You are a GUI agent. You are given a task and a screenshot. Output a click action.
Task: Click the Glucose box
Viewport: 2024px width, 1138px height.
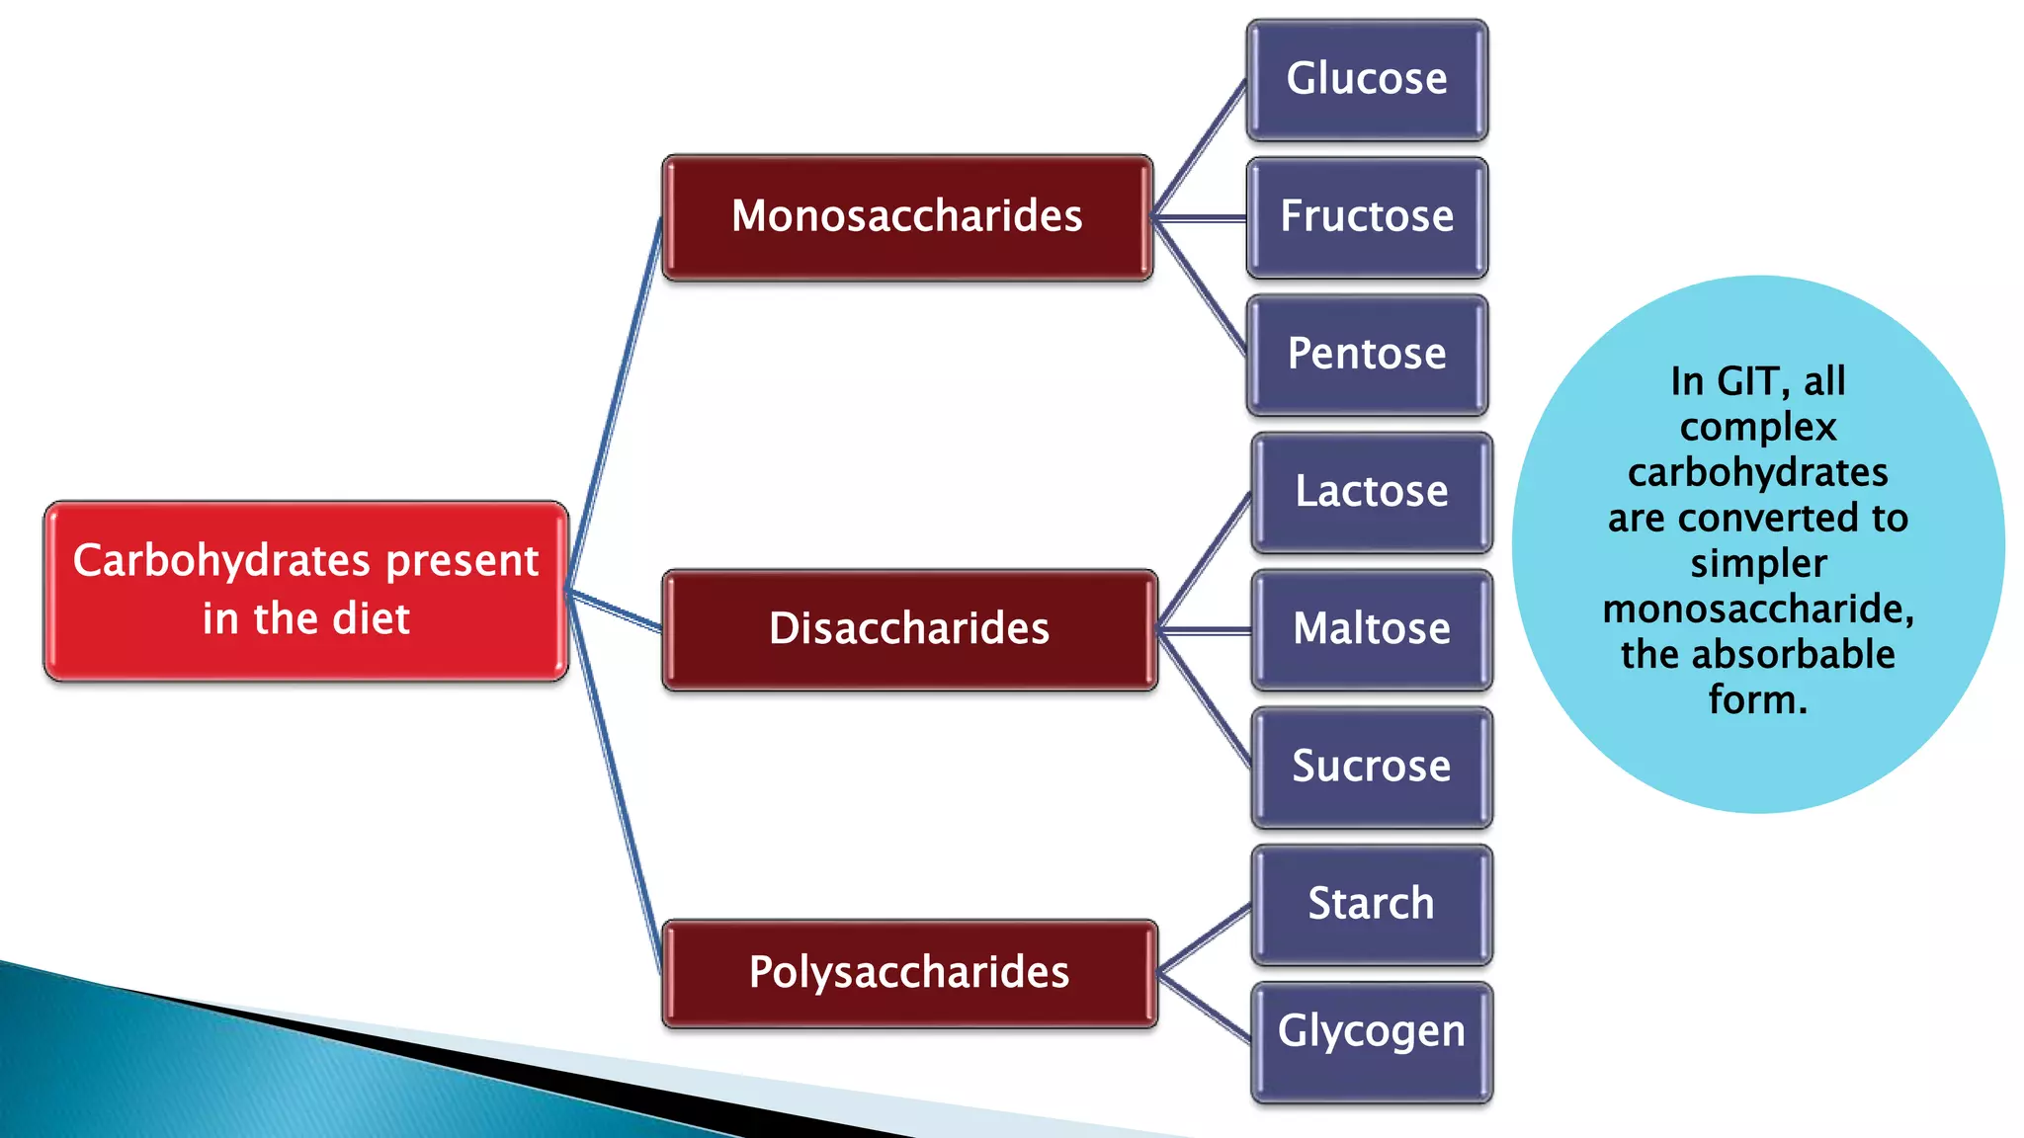1367,79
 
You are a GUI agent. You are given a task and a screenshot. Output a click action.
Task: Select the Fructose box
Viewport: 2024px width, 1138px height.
1367,216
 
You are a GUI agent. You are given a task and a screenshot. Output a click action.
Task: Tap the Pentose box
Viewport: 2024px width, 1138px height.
1367,354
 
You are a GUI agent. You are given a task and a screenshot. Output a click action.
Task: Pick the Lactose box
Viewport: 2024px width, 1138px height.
1372,491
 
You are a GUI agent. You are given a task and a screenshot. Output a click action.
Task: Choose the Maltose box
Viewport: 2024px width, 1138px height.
1372,628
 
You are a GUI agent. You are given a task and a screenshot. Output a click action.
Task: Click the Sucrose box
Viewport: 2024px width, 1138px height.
1372,766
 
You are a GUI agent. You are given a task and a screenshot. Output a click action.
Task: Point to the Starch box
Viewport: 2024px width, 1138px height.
1372,903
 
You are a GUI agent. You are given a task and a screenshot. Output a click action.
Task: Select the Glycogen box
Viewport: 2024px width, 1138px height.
1372,1031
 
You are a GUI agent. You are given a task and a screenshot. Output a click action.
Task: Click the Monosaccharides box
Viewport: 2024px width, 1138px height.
907,216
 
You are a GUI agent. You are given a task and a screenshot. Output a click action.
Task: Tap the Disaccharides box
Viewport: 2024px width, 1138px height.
909,628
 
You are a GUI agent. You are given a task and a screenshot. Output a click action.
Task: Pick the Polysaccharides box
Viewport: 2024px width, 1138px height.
909,972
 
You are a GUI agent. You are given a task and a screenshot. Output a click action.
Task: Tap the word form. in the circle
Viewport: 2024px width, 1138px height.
1758,700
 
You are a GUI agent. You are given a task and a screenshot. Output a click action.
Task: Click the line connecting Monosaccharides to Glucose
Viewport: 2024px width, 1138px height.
1200,148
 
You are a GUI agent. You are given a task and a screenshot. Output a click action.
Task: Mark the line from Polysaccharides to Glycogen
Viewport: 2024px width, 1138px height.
1205,1007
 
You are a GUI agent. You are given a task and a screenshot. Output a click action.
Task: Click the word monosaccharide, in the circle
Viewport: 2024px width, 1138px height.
1758,610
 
